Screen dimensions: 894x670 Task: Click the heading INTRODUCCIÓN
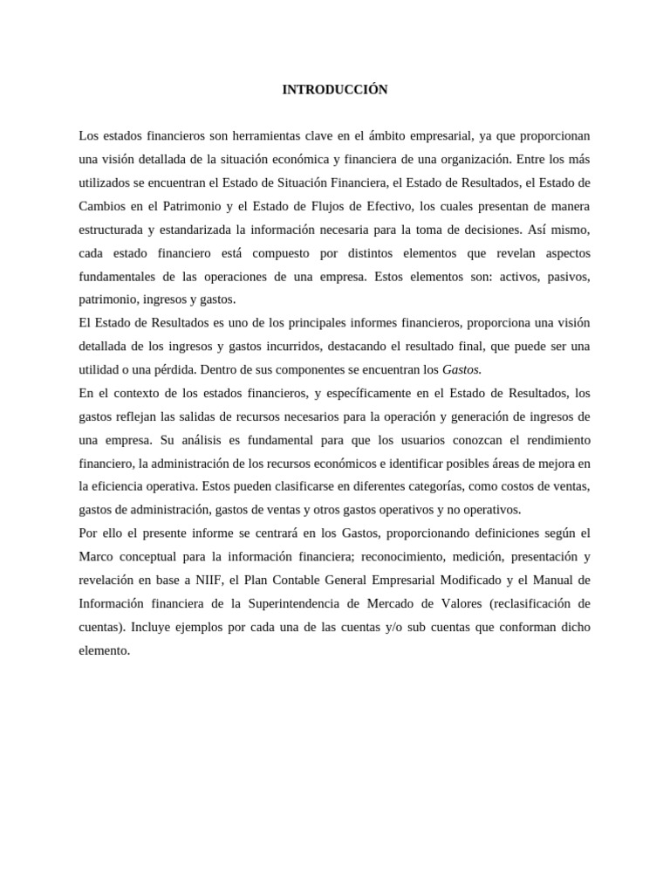[335, 90]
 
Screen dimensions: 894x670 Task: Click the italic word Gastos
[462, 370]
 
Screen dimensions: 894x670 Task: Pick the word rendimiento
[557, 440]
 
